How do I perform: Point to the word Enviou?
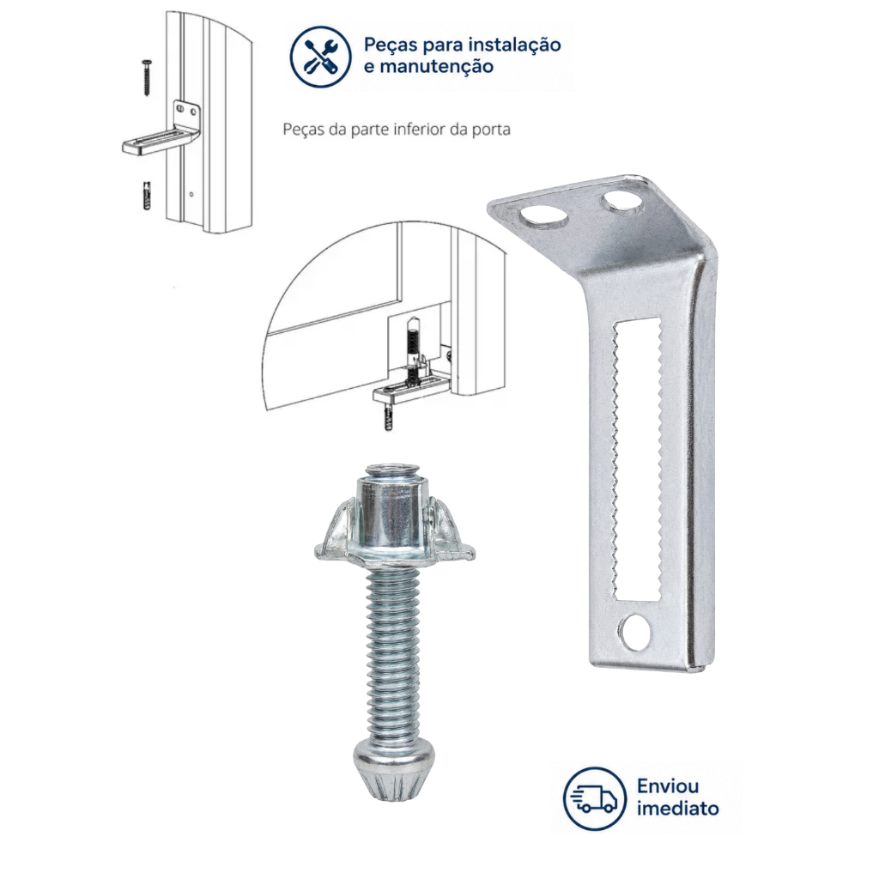point(667,786)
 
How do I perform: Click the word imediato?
point(677,809)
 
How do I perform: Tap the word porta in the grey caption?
point(490,130)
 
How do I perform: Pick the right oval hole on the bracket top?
point(621,203)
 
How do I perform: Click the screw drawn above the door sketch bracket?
point(147,78)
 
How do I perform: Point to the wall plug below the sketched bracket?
point(146,195)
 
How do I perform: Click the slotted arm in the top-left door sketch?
point(160,143)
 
